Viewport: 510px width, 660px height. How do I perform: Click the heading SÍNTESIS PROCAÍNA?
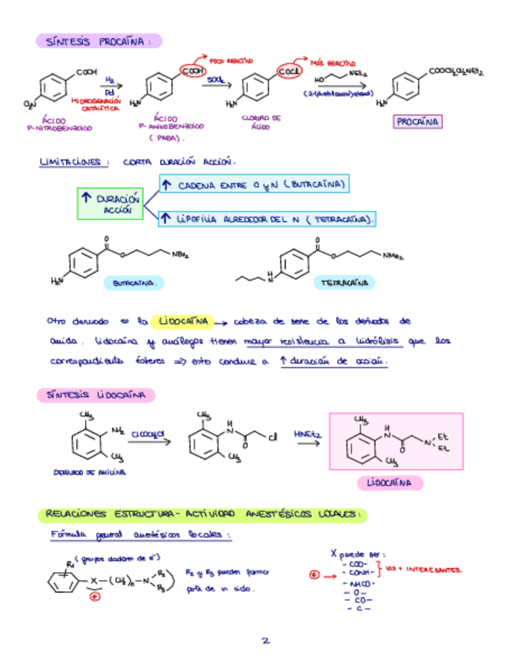click(x=98, y=40)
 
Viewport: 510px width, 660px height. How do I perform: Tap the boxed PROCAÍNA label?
click(x=417, y=122)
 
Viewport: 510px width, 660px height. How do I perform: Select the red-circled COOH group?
click(x=190, y=72)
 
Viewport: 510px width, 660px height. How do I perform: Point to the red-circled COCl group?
click(x=290, y=72)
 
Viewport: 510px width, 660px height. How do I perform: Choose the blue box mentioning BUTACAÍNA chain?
click(x=253, y=185)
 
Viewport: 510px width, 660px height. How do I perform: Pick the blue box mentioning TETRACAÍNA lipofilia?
click(x=266, y=220)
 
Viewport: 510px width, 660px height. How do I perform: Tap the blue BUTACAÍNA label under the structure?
click(x=134, y=284)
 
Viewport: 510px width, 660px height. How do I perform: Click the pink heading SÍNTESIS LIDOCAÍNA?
click(x=95, y=395)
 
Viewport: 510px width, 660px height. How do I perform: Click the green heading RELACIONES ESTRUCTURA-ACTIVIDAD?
click(x=202, y=514)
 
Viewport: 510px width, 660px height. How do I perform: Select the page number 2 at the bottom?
click(x=265, y=641)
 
